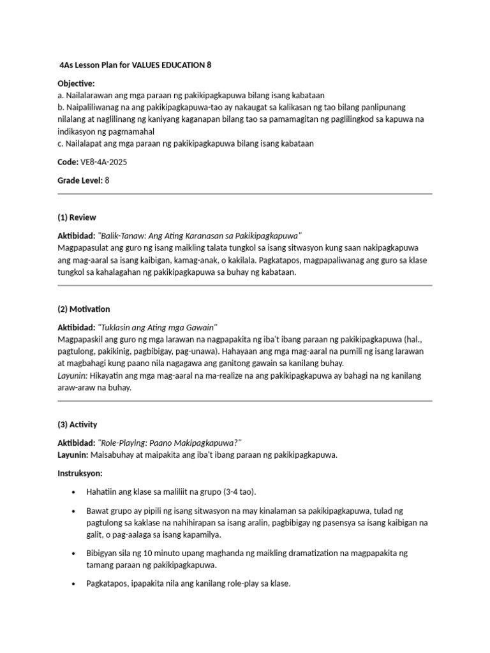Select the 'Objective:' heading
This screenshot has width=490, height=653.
[76, 84]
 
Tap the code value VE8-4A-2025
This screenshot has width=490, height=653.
[105, 162]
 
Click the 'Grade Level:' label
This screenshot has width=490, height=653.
[80, 180]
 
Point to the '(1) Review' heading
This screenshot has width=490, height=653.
[77, 217]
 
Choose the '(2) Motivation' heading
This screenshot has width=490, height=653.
[84, 309]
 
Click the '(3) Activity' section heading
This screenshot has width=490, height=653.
[77, 424]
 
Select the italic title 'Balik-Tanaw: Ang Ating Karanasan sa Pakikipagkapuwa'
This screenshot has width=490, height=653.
[200, 236]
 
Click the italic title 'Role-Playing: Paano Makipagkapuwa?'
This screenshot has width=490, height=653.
[170, 443]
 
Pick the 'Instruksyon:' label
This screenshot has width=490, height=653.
[80, 474]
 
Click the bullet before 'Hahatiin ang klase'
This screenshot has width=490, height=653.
[75, 493]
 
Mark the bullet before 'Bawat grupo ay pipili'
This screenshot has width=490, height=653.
[75, 511]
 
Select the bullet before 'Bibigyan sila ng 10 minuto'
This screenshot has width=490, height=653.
[75, 554]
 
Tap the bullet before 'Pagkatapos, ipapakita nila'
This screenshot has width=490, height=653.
[75, 583]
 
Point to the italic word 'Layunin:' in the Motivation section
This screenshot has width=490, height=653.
[72, 376]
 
